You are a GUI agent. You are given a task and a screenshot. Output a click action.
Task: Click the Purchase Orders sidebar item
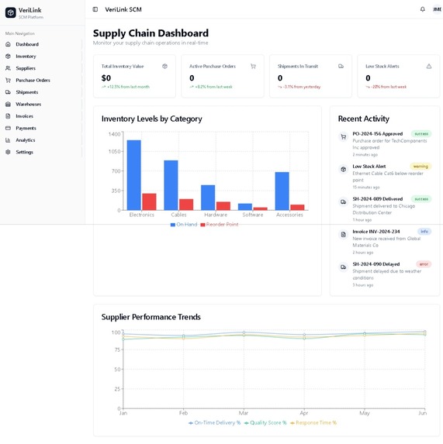33,80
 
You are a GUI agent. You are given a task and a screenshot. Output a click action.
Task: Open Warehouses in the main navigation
28,104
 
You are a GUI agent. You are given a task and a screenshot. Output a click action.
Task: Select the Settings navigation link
24,152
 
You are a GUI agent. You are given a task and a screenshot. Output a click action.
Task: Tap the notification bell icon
422,9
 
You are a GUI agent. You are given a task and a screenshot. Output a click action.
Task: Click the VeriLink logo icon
10,12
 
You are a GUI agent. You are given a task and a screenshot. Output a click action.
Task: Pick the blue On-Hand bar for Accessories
282,191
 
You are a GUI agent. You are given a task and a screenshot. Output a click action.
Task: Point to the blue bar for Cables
171,184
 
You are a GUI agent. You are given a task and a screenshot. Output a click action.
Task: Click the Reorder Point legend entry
220,225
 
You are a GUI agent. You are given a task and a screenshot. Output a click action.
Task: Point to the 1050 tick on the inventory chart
114,152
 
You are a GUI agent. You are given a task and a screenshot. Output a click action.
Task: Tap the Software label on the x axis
252,215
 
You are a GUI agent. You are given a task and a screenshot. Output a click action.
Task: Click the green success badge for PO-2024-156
421,134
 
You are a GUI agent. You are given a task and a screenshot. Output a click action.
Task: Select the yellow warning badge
421,167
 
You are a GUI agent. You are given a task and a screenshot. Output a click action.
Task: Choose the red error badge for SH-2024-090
423,264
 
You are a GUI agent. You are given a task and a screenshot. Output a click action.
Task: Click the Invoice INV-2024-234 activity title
376,232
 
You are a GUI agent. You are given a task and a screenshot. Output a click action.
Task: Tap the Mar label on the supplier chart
243,414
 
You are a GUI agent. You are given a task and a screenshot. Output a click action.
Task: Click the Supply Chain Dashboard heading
151,33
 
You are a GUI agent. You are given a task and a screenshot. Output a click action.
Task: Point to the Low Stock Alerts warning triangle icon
428,67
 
